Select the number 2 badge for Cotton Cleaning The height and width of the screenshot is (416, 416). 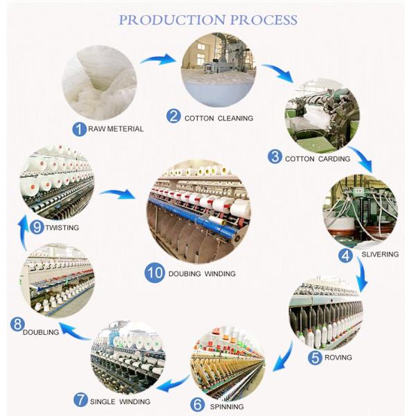pos(173,117)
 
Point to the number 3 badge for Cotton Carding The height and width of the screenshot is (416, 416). pos(275,157)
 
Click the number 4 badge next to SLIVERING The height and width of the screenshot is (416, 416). pos(345,254)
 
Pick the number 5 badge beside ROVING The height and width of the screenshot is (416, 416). pos(315,357)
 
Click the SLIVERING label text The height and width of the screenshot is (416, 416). pos(380,254)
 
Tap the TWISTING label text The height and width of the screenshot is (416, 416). pos(63,227)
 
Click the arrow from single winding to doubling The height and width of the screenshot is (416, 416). pos(75,333)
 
